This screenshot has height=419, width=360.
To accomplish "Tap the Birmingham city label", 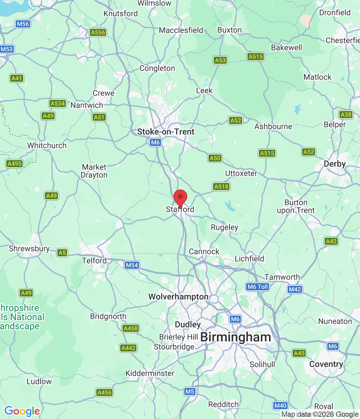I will click(x=236, y=337).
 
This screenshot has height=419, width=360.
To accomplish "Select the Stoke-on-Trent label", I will click(x=166, y=132).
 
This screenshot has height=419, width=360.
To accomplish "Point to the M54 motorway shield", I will click(x=132, y=265).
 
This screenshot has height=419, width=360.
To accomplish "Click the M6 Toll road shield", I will click(x=258, y=287).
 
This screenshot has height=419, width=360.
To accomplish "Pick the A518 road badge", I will click(x=222, y=187).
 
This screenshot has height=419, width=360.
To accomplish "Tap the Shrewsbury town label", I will click(x=29, y=248).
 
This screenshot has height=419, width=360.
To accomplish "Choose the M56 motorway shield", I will click(x=23, y=24).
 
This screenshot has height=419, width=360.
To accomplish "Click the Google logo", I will click(x=22, y=411).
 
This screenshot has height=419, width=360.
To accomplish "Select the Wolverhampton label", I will click(x=178, y=297).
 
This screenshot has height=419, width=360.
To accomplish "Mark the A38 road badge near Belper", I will click(x=346, y=115).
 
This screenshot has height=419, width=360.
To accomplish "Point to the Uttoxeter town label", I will click(x=241, y=173).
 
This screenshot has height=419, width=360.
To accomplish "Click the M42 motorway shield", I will click(x=295, y=289).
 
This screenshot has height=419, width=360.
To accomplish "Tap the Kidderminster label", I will click(x=150, y=373).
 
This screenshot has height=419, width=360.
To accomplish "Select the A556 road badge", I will click(x=98, y=32).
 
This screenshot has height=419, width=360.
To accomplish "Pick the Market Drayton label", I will click(x=94, y=171).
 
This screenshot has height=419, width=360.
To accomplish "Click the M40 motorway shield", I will click(x=280, y=406).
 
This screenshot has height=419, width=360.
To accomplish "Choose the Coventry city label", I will click(x=326, y=364).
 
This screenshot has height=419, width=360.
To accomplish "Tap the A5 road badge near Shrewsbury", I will click(x=62, y=253).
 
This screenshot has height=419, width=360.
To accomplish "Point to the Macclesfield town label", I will click(x=181, y=30).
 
